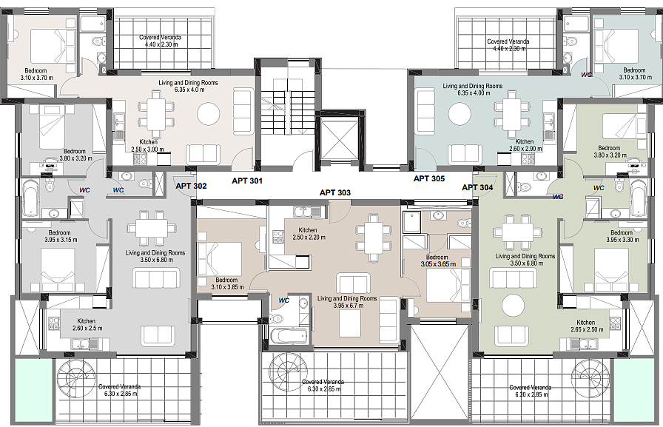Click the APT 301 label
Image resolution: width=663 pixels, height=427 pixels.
[x=247, y=181]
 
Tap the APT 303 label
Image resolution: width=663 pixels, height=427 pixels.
[x=335, y=193]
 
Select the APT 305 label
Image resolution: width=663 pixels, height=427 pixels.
[x=429, y=179]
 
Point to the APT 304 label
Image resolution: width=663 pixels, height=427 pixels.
[x=477, y=187]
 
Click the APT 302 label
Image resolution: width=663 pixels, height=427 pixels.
[x=191, y=186]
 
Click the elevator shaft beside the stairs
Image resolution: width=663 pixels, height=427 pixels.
[x=340, y=140]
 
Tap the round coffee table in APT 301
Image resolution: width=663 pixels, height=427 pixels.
[x=209, y=113]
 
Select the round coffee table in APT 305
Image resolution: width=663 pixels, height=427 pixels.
[x=460, y=113]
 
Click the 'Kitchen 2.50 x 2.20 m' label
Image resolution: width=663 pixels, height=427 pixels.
[x=309, y=234]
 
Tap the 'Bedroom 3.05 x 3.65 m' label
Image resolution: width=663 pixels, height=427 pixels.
[x=438, y=260]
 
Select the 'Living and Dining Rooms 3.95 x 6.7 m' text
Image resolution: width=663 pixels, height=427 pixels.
[x=347, y=302]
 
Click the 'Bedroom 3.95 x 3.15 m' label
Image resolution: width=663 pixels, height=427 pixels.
[x=61, y=236]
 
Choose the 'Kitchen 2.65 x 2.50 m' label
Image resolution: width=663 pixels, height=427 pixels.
[x=587, y=326]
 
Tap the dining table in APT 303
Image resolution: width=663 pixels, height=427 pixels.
[x=372, y=238]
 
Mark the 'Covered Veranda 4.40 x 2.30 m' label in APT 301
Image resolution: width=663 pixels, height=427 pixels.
[x=161, y=41]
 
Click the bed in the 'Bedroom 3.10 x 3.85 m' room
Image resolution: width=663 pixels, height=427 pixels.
[x=220, y=258]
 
